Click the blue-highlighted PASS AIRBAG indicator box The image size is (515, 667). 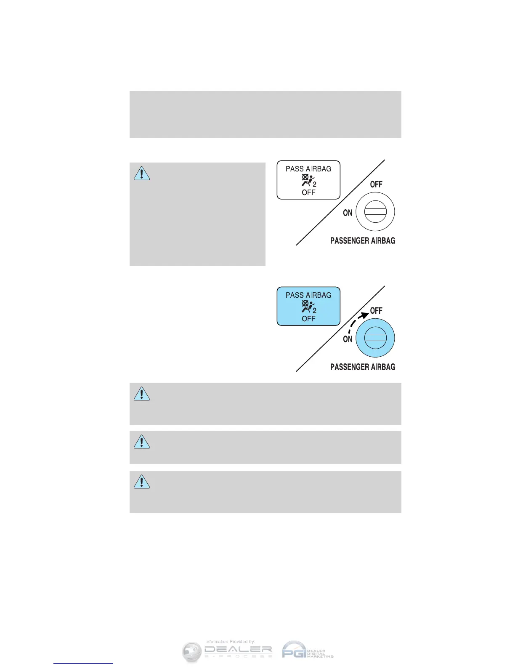pyautogui.click(x=308, y=306)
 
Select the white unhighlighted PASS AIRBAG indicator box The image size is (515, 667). pyautogui.click(x=308, y=180)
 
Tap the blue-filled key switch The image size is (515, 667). pyautogui.click(x=375, y=338)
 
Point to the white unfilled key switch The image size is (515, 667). pyautogui.click(x=375, y=212)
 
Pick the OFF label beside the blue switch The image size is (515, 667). pyautogui.click(x=376, y=311)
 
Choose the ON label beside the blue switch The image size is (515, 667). pyautogui.click(x=348, y=339)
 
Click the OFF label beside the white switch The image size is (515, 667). pyautogui.click(x=376, y=184)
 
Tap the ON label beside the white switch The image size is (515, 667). pyautogui.click(x=348, y=213)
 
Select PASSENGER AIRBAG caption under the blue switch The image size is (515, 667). pyautogui.click(x=363, y=367)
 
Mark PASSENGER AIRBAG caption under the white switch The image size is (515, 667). pyautogui.click(x=363, y=240)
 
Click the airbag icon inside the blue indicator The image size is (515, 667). pyautogui.click(x=308, y=307)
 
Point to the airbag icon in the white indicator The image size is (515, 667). pyautogui.click(x=308, y=180)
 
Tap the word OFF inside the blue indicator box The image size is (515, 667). pyautogui.click(x=308, y=319)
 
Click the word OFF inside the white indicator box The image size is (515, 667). pyautogui.click(x=308, y=192)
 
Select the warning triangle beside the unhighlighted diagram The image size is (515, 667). pyautogui.click(x=142, y=173)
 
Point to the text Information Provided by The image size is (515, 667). pyautogui.click(x=230, y=642)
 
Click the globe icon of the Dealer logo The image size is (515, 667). pyautogui.click(x=192, y=652)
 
